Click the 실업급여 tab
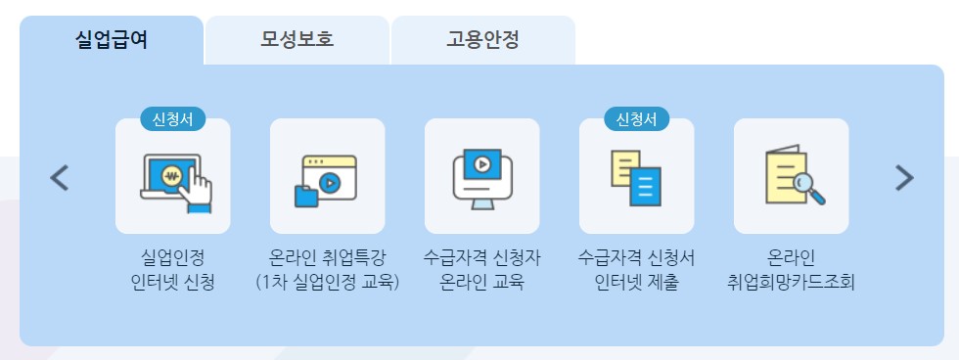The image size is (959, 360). pos(112,40)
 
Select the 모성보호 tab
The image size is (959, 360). pos(297,40)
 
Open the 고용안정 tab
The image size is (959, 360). pos(482,40)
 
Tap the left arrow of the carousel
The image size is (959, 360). pos(60,177)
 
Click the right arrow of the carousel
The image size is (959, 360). pos(904,177)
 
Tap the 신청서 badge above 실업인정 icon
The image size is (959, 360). pos(172,118)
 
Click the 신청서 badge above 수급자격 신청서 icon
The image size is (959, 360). pos(636,118)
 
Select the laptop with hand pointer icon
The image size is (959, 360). pos(173,177)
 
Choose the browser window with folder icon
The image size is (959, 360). pos(328,177)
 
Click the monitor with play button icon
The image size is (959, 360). pos(481,177)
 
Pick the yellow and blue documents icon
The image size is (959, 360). pos(636,177)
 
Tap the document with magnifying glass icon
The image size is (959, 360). pos(791,177)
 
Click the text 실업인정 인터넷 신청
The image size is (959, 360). pos(173,271)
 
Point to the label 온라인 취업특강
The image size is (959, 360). pos(328,259)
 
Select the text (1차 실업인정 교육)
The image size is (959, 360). pos(328,284)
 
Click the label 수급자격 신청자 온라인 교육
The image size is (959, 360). pos(481,271)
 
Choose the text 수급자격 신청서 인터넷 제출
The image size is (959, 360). pos(636,271)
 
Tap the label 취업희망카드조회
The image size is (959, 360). pos(791,284)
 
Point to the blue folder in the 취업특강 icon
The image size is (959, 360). pos(306,194)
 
